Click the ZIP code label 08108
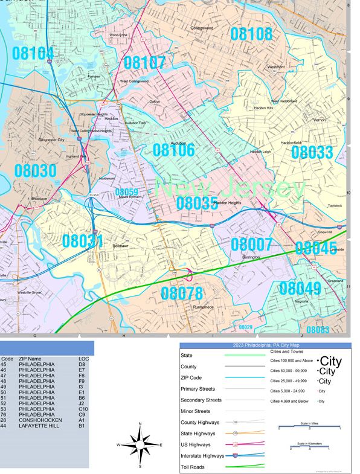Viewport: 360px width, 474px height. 251,34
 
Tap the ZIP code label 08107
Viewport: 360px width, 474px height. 144,62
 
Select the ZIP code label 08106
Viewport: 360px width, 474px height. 173,150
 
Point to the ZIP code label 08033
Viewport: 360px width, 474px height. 312,152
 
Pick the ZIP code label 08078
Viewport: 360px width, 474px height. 181,293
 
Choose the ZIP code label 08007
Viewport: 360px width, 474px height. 251,245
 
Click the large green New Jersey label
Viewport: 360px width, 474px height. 230,188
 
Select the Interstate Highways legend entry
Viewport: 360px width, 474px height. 201,455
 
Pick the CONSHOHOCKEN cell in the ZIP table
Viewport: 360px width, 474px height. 41,420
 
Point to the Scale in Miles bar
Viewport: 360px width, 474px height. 309,426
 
